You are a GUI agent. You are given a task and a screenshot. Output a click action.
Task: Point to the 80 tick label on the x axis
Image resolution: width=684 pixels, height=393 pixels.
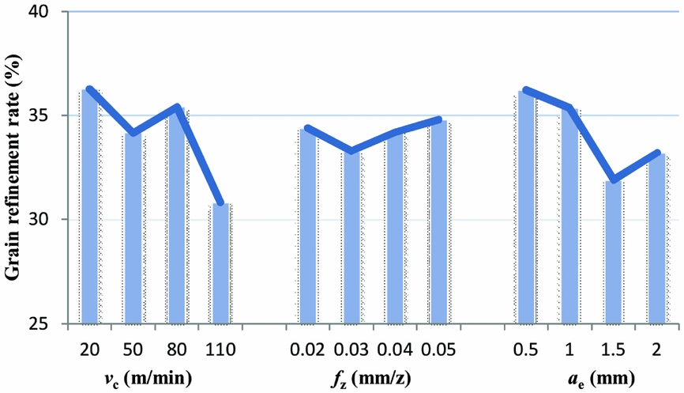point(177,349)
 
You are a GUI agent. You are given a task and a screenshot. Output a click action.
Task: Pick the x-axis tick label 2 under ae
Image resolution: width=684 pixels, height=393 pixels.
point(657,349)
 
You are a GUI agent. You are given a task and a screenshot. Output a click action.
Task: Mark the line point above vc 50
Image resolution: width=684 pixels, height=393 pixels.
point(133,133)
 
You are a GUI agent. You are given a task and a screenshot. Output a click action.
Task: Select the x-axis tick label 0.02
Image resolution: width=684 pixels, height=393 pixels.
point(308,349)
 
